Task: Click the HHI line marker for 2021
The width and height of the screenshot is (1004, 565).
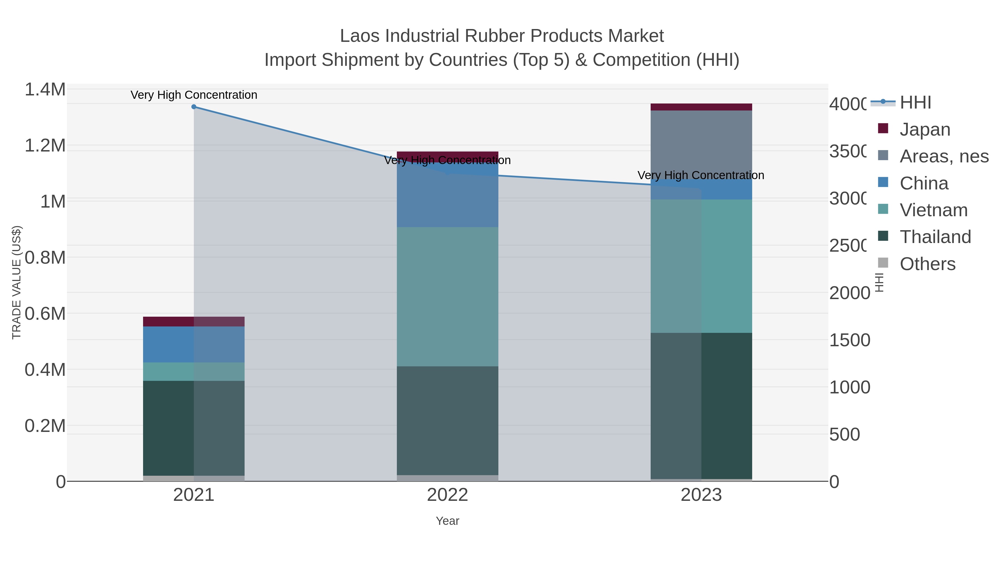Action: pos(194,107)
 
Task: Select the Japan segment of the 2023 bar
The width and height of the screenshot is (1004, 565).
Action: pos(701,107)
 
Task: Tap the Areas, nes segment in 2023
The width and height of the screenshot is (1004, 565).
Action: pos(701,144)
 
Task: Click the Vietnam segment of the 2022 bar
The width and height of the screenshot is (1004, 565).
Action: pos(447,296)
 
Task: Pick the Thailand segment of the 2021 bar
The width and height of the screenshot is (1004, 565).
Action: pos(194,428)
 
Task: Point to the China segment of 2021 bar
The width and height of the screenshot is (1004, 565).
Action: pos(194,344)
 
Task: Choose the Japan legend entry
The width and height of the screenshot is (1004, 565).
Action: pos(925,129)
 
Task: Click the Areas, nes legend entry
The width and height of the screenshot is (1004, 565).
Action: pos(943,156)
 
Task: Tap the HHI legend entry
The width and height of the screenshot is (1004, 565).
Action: pos(915,103)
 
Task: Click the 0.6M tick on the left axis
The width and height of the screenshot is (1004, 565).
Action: pos(45,314)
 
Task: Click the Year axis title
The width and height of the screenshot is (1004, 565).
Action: pos(447,521)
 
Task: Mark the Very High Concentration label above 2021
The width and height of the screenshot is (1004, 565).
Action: pos(194,95)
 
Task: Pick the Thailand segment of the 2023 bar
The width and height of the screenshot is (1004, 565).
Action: pos(701,405)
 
